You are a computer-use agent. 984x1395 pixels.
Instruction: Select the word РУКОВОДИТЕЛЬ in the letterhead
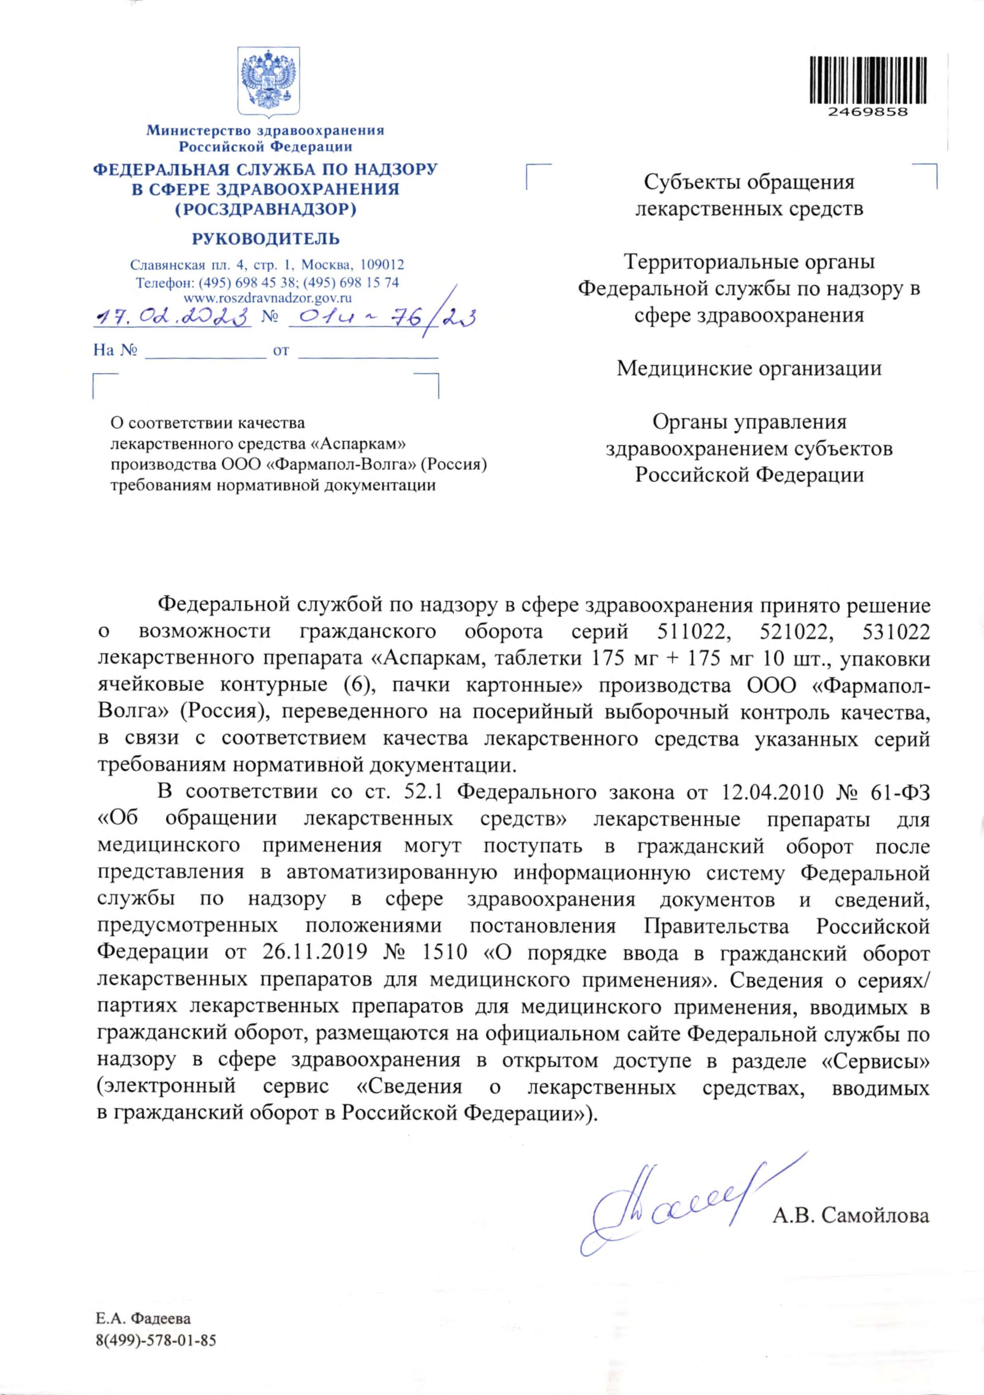(x=265, y=239)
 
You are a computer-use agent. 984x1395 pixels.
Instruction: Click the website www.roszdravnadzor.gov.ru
(x=267, y=298)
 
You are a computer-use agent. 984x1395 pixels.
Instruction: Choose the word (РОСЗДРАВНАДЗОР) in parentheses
(x=265, y=209)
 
